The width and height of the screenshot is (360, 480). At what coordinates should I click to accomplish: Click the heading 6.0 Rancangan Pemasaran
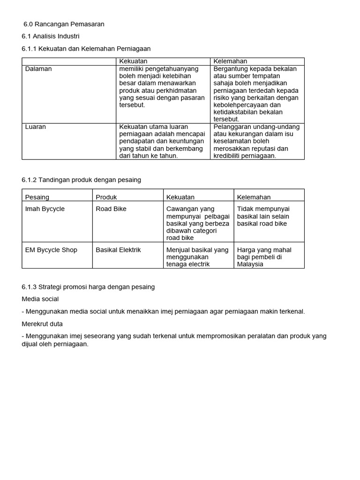click(x=64, y=24)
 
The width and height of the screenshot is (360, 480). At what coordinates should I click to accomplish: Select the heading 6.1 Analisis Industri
click(x=51, y=36)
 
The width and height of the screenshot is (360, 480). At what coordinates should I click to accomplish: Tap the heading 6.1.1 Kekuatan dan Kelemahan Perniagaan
click(x=86, y=48)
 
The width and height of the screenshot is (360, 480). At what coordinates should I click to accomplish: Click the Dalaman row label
click(x=38, y=68)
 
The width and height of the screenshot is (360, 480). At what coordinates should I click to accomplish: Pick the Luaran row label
click(x=36, y=127)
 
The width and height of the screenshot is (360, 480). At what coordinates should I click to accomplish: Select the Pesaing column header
click(x=37, y=197)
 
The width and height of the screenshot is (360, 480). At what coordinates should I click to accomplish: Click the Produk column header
click(x=106, y=197)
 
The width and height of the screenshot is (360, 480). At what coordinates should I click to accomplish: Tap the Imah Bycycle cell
click(x=45, y=209)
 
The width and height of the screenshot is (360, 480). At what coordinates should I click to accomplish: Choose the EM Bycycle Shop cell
click(x=51, y=250)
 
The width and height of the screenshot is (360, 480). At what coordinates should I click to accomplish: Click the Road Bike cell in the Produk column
click(x=111, y=209)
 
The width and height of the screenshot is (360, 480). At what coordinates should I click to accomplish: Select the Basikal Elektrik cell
click(x=118, y=250)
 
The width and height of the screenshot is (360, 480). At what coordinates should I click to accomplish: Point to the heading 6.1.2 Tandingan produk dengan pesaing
click(x=81, y=180)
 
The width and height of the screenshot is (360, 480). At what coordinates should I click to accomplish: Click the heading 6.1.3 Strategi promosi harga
click(x=88, y=286)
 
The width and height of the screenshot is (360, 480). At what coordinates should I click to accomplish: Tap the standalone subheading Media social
click(x=40, y=299)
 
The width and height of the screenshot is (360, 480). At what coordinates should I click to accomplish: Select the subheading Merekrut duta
click(x=42, y=324)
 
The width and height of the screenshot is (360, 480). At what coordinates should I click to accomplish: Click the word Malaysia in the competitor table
click(x=250, y=264)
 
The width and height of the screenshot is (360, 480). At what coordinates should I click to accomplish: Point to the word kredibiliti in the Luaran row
click(x=229, y=156)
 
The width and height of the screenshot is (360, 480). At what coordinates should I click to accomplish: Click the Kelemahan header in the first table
click(x=230, y=61)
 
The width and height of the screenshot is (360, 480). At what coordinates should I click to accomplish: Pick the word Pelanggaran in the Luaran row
click(x=233, y=127)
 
